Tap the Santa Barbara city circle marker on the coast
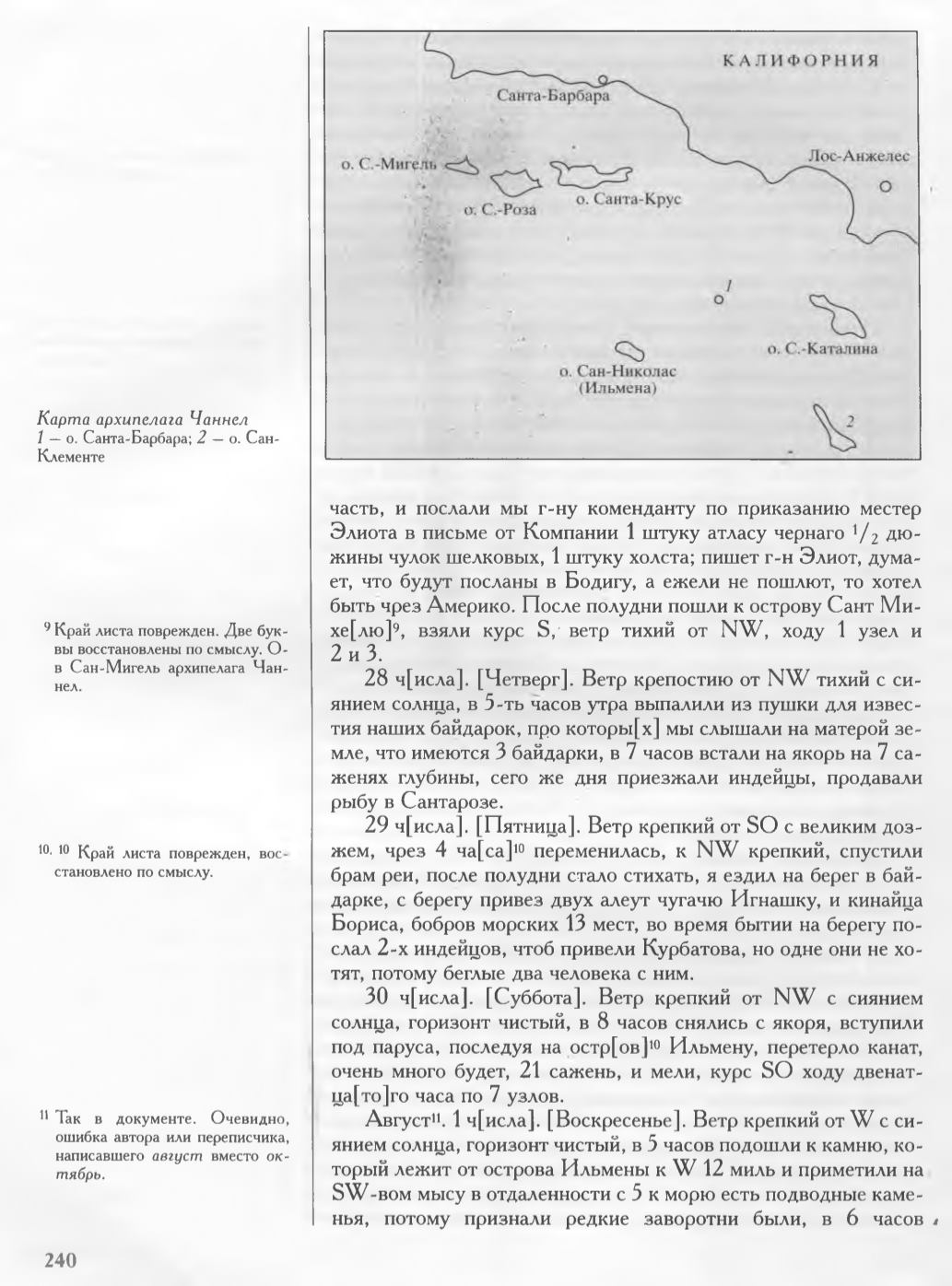click(603, 79)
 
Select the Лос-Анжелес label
click(858, 157)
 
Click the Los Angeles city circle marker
click(886, 186)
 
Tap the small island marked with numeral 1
click(718, 299)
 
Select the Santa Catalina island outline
click(837, 316)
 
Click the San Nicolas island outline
click(630, 351)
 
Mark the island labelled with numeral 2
click(835, 427)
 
